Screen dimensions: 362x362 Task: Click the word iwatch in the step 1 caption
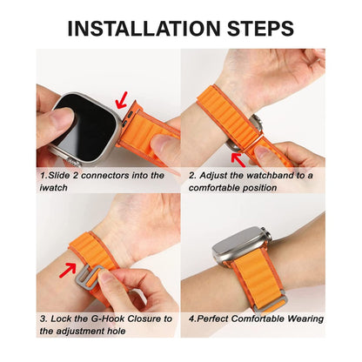(x=54, y=188)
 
